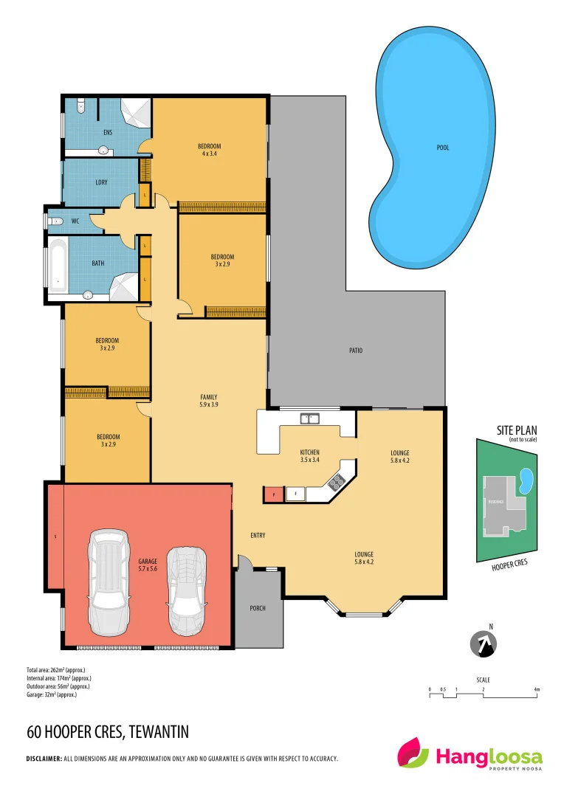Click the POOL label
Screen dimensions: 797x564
tap(443, 148)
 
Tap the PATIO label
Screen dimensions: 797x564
tap(356, 351)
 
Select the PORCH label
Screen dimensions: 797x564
tap(257, 608)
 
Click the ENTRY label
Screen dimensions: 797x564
tap(258, 535)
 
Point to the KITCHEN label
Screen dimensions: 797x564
tap(309, 452)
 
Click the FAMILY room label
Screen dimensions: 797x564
tap(208, 397)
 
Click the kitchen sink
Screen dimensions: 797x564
tap(309, 418)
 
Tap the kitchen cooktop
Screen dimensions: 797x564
tap(336, 483)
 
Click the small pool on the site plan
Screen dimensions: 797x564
tap(526, 481)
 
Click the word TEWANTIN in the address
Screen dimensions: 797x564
tap(158, 732)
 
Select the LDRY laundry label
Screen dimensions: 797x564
tap(101, 182)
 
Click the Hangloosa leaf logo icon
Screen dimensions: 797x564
tap(413, 753)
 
